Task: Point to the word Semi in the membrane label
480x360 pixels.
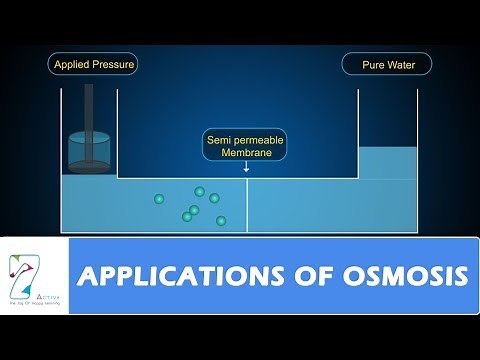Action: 222,140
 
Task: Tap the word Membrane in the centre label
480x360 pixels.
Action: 245,155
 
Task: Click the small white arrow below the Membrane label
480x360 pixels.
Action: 246,169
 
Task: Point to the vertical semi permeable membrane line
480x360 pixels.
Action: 247,205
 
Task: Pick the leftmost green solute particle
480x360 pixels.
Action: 159,199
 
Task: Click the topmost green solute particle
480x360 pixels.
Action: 199,191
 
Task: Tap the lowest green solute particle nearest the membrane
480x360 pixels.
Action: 221,220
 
